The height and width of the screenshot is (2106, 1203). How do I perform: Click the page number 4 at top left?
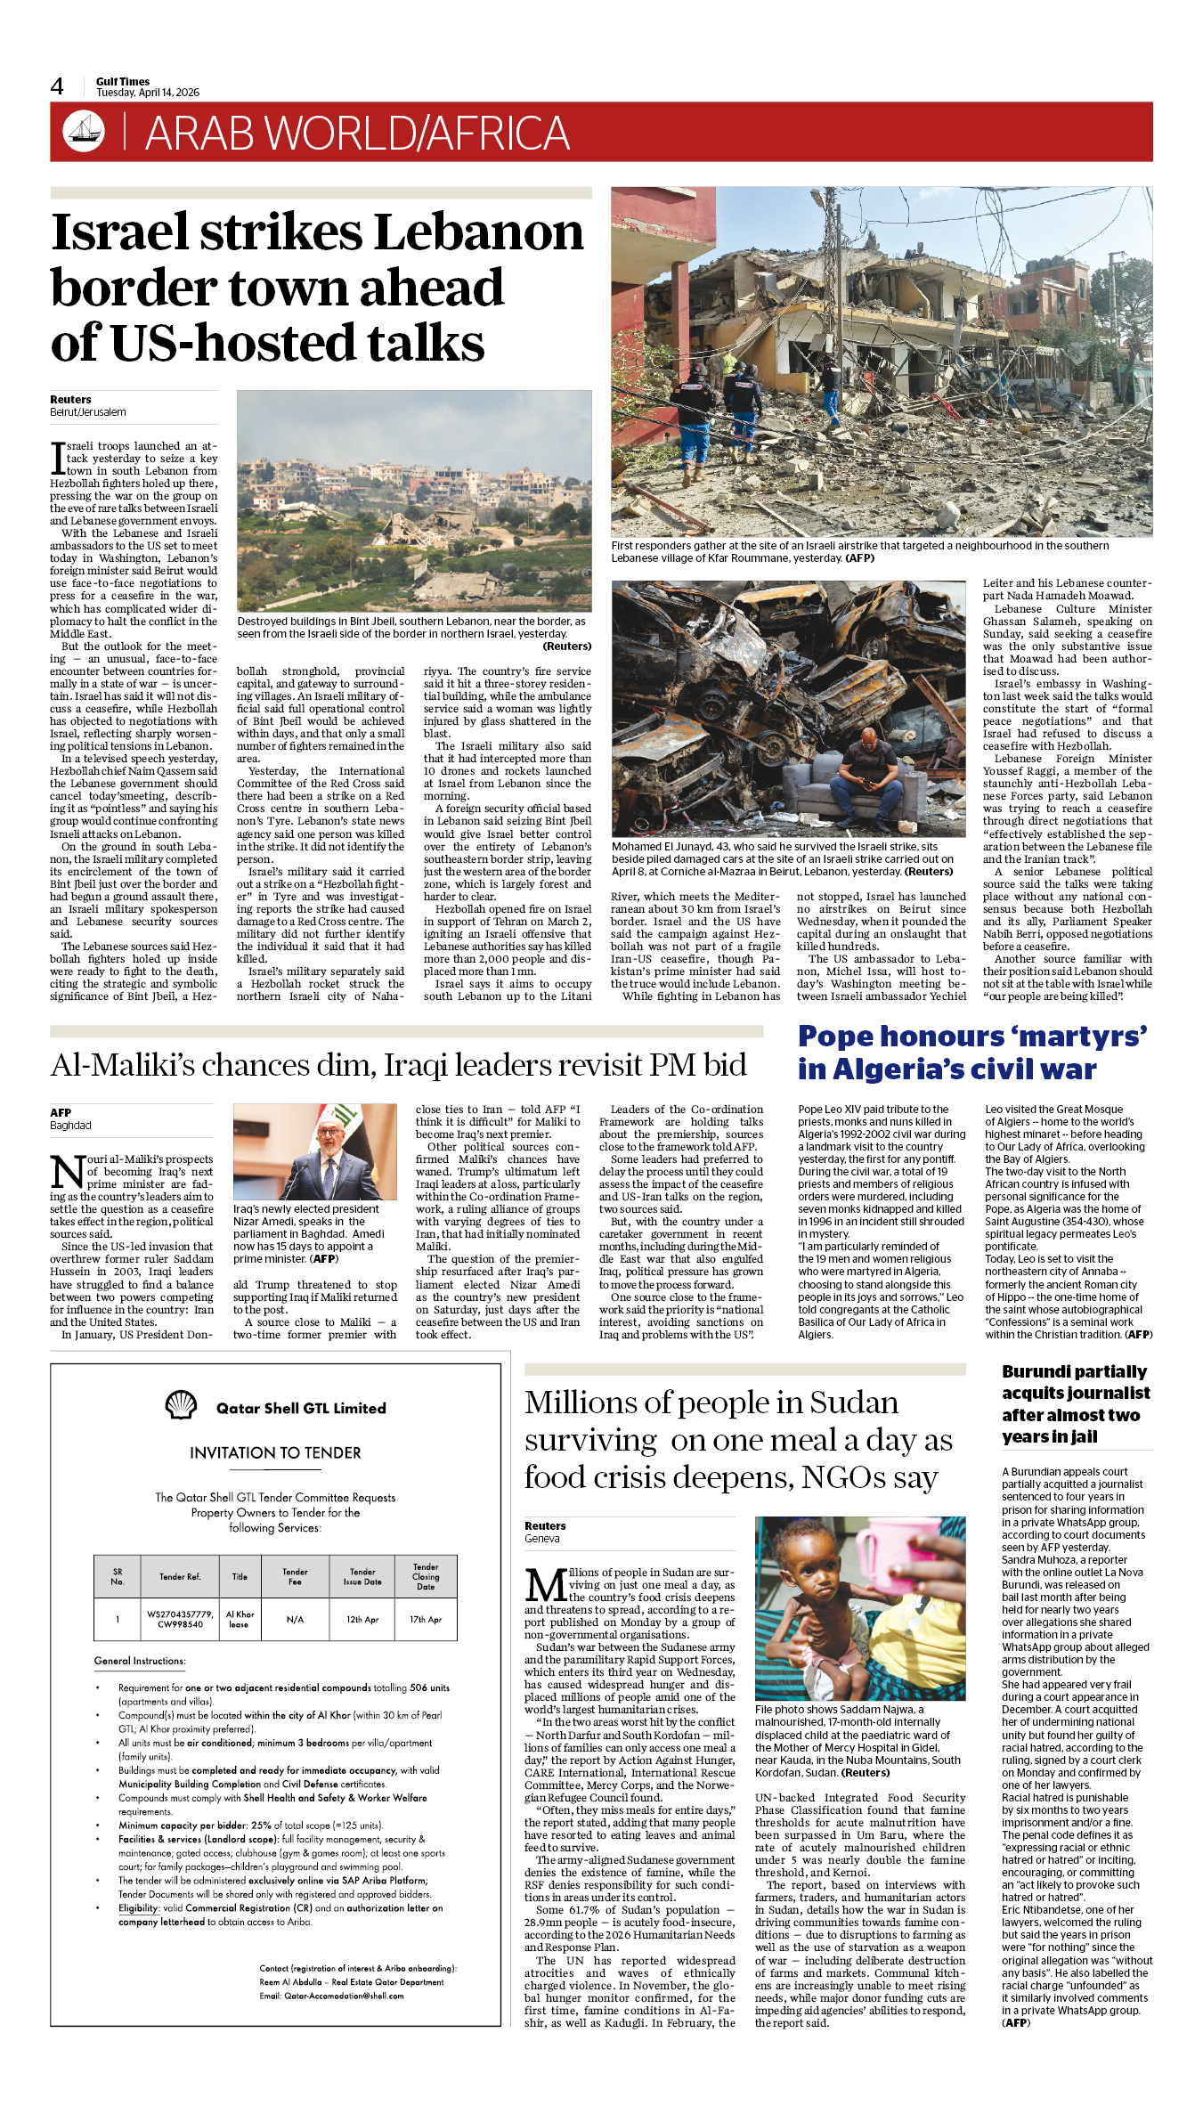[57, 86]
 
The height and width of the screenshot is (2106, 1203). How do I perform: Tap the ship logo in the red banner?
[84, 131]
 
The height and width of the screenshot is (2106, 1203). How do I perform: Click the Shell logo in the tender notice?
[181, 1406]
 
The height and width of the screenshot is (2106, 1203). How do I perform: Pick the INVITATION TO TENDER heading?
[275, 1452]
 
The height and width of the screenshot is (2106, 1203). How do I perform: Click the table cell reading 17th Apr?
[426, 1619]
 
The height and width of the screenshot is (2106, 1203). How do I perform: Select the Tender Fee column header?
[295, 1576]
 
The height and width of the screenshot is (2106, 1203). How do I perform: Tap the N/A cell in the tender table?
[295, 1619]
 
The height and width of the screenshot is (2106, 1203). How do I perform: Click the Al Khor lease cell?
[240, 1619]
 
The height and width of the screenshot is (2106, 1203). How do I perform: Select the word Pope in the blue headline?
[836, 1036]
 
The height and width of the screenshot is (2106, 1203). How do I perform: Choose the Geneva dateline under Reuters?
[541, 1539]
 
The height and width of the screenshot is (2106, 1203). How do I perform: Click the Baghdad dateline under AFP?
[70, 1126]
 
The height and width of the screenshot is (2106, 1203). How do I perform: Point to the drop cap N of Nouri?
[68, 1172]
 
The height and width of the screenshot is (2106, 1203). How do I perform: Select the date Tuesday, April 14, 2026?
[148, 93]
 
